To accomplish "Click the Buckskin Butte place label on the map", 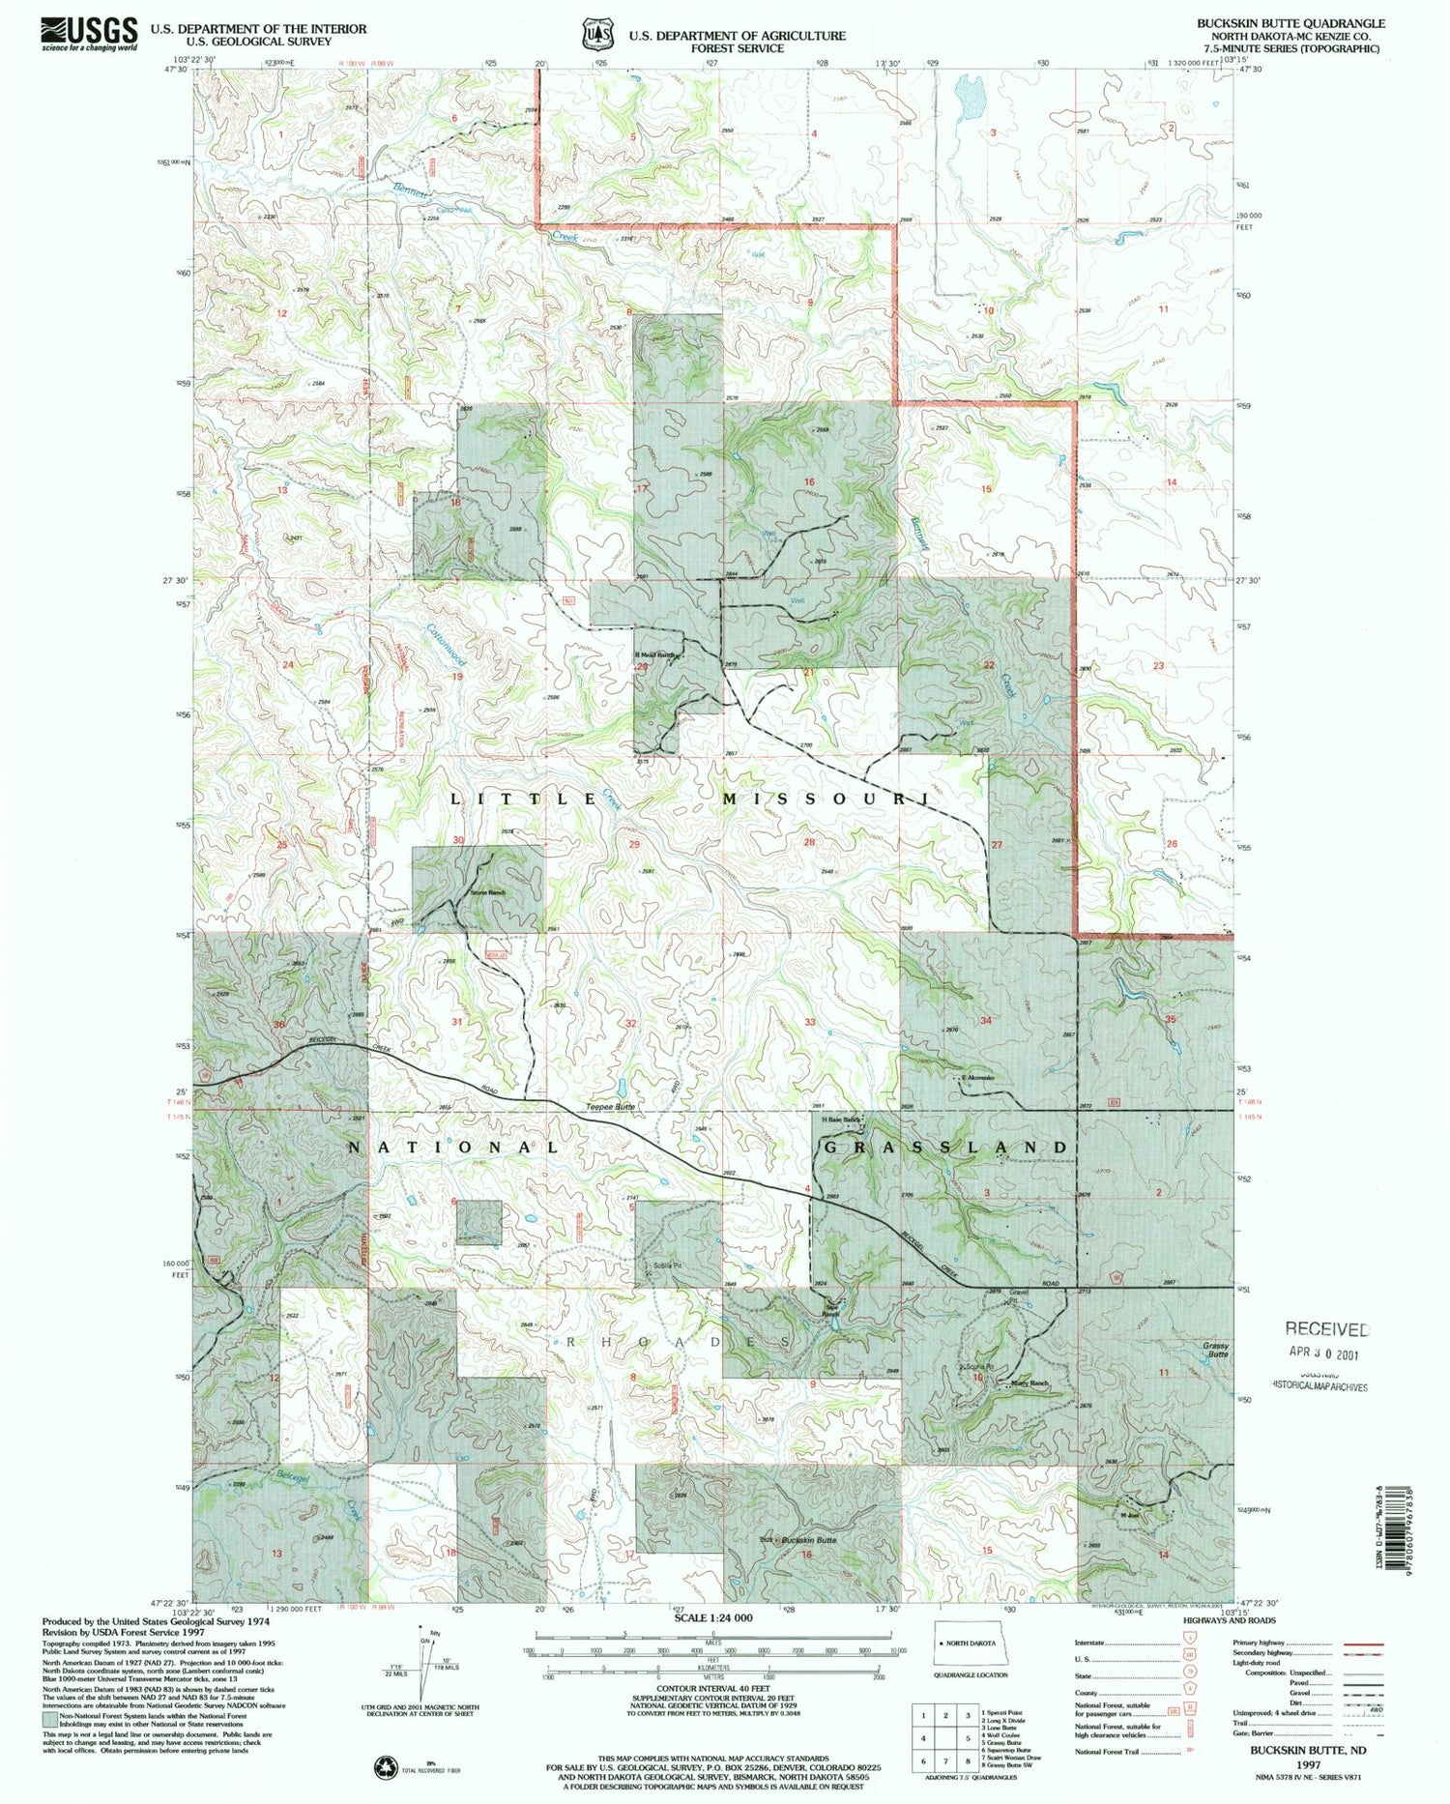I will click(x=809, y=1540).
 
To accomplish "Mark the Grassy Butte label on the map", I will click(x=1215, y=1350).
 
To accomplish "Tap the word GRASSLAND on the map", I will click(x=947, y=1147).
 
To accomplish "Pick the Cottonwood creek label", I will click(x=447, y=644).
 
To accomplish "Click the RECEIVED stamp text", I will click(x=1326, y=1330).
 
